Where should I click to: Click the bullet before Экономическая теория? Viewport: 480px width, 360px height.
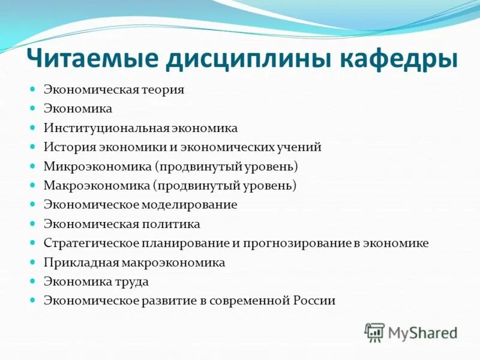coord(34,89)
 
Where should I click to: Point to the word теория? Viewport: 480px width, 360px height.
coord(163,89)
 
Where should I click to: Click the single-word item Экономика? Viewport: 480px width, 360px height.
coord(77,109)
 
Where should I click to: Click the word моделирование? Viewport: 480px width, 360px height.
coord(190,205)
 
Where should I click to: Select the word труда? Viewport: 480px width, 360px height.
coord(133,281)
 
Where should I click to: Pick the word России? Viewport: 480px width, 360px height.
coord(314,301)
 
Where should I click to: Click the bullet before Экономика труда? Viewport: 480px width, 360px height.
coord(34,281)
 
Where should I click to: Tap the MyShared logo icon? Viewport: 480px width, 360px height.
coord(374,332)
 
